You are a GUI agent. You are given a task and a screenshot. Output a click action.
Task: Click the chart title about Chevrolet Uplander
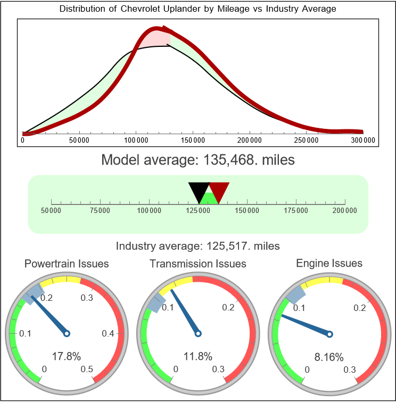pos(197,9)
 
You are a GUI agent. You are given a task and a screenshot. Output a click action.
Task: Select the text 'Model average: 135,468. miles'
pos(197,160)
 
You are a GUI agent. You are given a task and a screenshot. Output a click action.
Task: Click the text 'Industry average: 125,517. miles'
pos(197,246)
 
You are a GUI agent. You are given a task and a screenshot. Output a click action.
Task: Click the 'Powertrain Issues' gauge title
pos(67,264)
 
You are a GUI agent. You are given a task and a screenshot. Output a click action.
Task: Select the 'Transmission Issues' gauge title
pos(198,264)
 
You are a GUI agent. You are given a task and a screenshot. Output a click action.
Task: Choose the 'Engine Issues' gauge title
pos(329,263)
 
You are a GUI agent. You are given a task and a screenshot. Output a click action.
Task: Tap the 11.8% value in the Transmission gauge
pos(198,356)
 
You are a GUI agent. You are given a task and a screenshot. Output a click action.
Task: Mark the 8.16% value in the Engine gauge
pos(329,356)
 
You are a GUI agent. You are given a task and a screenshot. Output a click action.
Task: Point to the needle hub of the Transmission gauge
pos(198,333)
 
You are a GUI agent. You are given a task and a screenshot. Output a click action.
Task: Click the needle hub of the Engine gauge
pos(329,333)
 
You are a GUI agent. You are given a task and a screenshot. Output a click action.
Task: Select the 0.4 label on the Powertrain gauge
pos(109,333)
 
